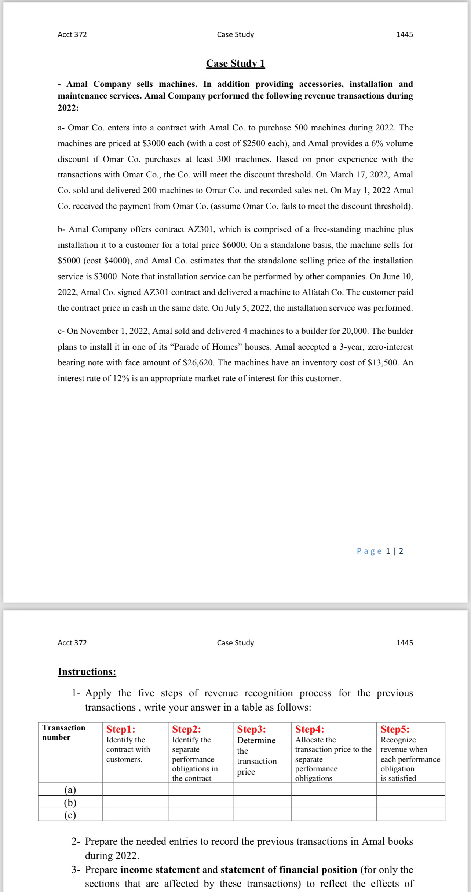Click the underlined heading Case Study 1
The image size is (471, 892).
click(x=235, y=63)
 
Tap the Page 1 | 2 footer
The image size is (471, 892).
click(x=380, y=551)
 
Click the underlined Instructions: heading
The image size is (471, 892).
click(x=87, y=671)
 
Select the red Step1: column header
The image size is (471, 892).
click(x=121, y=729)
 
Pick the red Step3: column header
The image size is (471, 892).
click(x=252, y=729)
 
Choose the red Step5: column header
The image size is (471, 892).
click(x=395, y=729)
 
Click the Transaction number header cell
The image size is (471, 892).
click(x=64, y=732)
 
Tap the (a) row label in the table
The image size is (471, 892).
click(x=70, y=789)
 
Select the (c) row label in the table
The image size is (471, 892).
click(x=70, y=815)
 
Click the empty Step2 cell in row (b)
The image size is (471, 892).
click(x=200, y=802)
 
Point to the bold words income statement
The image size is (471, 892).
click(x=160, y=870)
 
